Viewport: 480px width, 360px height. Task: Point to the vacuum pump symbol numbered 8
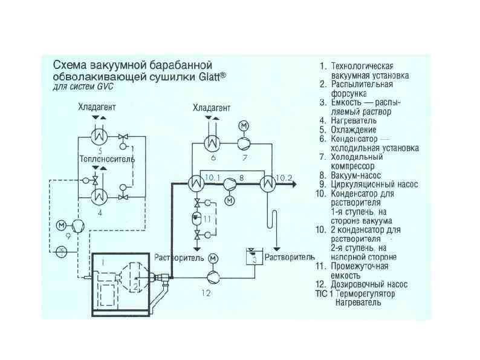point(230,184)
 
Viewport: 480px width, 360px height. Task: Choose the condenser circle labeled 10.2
point(267,184)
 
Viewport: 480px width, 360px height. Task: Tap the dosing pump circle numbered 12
point(213,277)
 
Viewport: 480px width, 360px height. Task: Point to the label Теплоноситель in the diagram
point(106,159)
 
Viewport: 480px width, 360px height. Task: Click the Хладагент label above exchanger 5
point(97,107)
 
